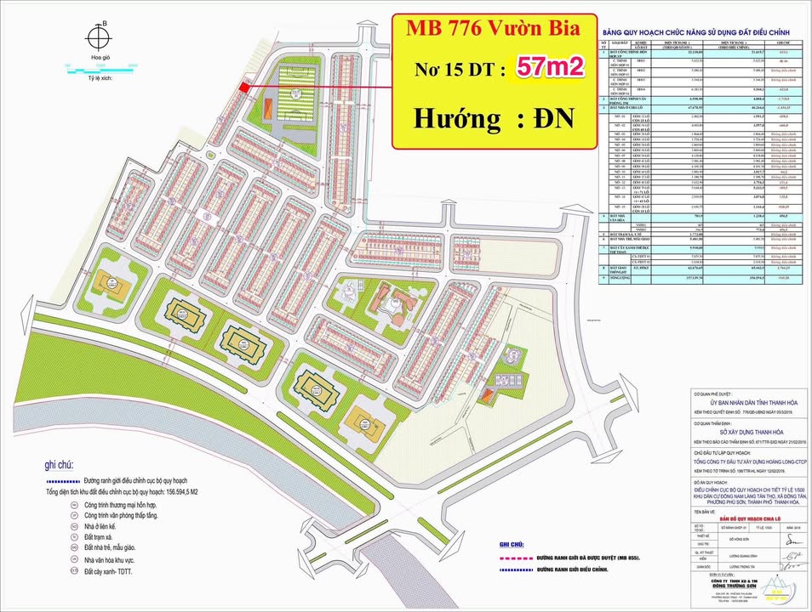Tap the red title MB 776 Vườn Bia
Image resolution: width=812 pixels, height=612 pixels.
[493, 29]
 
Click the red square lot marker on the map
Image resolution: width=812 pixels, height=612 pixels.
[243, 87]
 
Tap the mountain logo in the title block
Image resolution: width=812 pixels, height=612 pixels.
[779, 586]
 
